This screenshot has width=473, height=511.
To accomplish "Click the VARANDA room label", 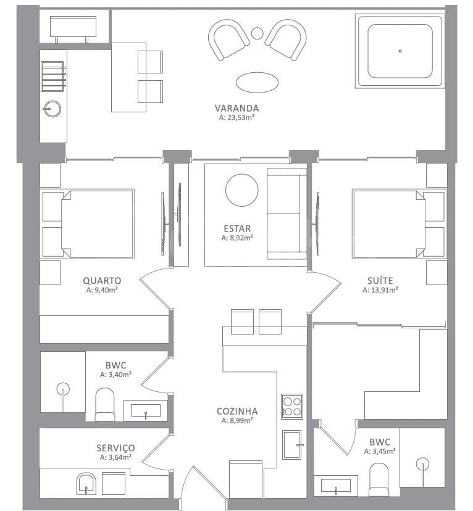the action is tap(236, 108).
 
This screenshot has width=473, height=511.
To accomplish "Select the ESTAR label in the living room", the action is tap(237, 228).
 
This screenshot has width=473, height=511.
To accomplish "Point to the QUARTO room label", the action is tap(102, 281).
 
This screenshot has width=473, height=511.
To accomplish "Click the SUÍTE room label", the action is tap(380, 280).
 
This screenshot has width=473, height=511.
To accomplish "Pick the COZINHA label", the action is tap(237, 411).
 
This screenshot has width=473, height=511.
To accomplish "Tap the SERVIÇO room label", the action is tap(115, 449).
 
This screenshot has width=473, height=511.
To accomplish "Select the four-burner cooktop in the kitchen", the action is tap(292, 406).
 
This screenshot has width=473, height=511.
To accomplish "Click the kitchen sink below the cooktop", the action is tap(291, 444).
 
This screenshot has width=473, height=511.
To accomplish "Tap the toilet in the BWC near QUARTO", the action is tap(105, 404).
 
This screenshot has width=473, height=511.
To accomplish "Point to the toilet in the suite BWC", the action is tap(379, 480).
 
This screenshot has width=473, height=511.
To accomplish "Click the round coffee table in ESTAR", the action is tap(242, 190).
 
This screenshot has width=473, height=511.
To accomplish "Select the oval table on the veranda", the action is tap(257, 83).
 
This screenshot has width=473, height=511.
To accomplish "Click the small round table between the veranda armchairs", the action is tap(257, 33).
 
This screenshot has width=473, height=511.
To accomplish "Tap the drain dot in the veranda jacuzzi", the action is tap(400, 51).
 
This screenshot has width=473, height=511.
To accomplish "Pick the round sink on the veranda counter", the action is tap(52, 109).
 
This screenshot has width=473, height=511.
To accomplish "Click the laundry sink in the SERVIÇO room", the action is tap(86, 484).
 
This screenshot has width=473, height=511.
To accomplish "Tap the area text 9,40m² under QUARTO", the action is tap(102, 290).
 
